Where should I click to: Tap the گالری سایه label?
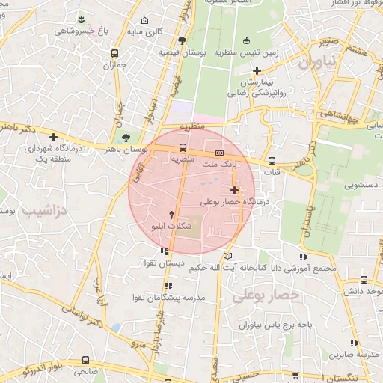(144, 31)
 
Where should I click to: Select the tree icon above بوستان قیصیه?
(183, 40)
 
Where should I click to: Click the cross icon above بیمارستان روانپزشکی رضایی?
(257, 70)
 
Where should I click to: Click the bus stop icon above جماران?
(114, 54)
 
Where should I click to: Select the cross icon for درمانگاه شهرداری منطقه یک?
(53, 137)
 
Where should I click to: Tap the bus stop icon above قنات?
(272, 160)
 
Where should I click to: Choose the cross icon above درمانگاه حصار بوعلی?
(235, 190)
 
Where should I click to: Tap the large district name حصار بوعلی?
(266, 295)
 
